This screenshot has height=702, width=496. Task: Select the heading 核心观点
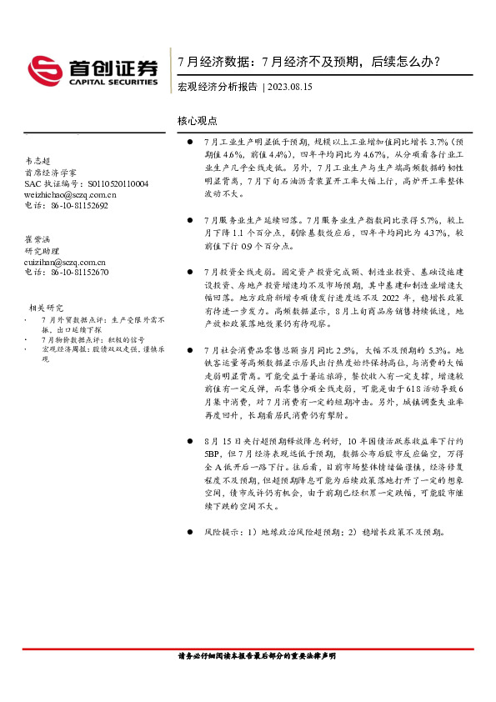click(x=198, y=121)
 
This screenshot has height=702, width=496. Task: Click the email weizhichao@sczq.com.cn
click(x=74, y=193)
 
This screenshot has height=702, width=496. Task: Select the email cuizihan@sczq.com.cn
click(x=70, y=261)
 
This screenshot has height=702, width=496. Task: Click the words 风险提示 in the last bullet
click(x=220, y=531)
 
